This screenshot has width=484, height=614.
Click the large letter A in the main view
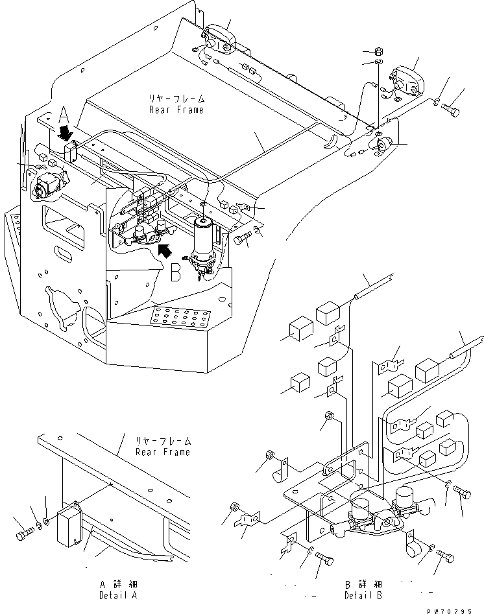tap(64, 115)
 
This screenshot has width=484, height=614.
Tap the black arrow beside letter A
tap(65, 134)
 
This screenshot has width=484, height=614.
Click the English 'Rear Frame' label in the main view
tap(176, 110)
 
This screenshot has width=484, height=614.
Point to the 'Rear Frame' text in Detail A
tap(162, 451)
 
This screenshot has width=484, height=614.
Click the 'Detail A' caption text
tap(118, 595)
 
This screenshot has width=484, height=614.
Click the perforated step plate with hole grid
tap(178, 318)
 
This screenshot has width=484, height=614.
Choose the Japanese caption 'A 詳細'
tap(118, 584)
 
